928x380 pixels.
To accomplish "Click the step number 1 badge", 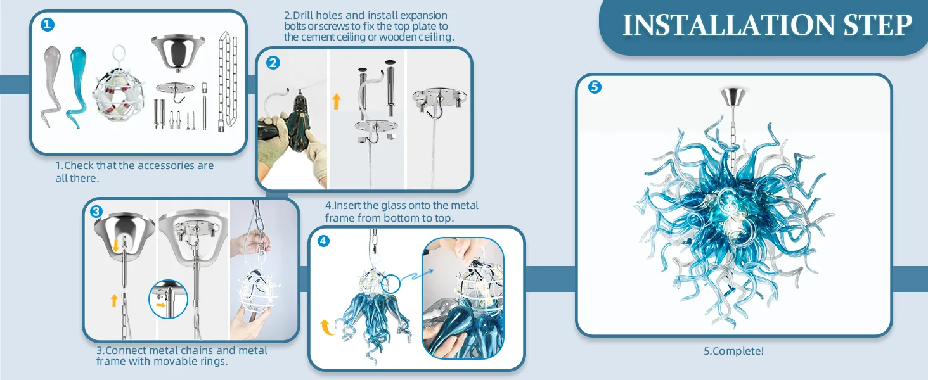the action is pyautogui.click(x=48, y=25).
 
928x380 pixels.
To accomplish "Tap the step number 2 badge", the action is pyautogui.click(x=273, y=63).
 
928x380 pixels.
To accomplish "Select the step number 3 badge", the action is pyautogui.click(x=96, y=212).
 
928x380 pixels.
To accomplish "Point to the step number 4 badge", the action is pyautogui.click(x=323, y=241).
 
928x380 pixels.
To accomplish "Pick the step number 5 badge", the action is pyautogui.click(x=595, y=87).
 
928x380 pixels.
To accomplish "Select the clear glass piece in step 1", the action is pyautogui.click(x=51, y=86).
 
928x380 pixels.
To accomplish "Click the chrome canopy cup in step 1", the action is pyautogui.click(x=178, y=53).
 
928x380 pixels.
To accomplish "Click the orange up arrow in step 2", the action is pyautogui.click(x=337, y=101).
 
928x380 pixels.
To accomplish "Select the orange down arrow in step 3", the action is pyautogui.click(x=116, y=244).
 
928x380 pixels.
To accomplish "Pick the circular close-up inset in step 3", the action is pyautogui.click(x=168, y=299).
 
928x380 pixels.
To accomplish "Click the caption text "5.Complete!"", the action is pyautogui.click(x=733, y=351).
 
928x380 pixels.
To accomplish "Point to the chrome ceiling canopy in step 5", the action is pyautogui.click(x=733, y=96).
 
